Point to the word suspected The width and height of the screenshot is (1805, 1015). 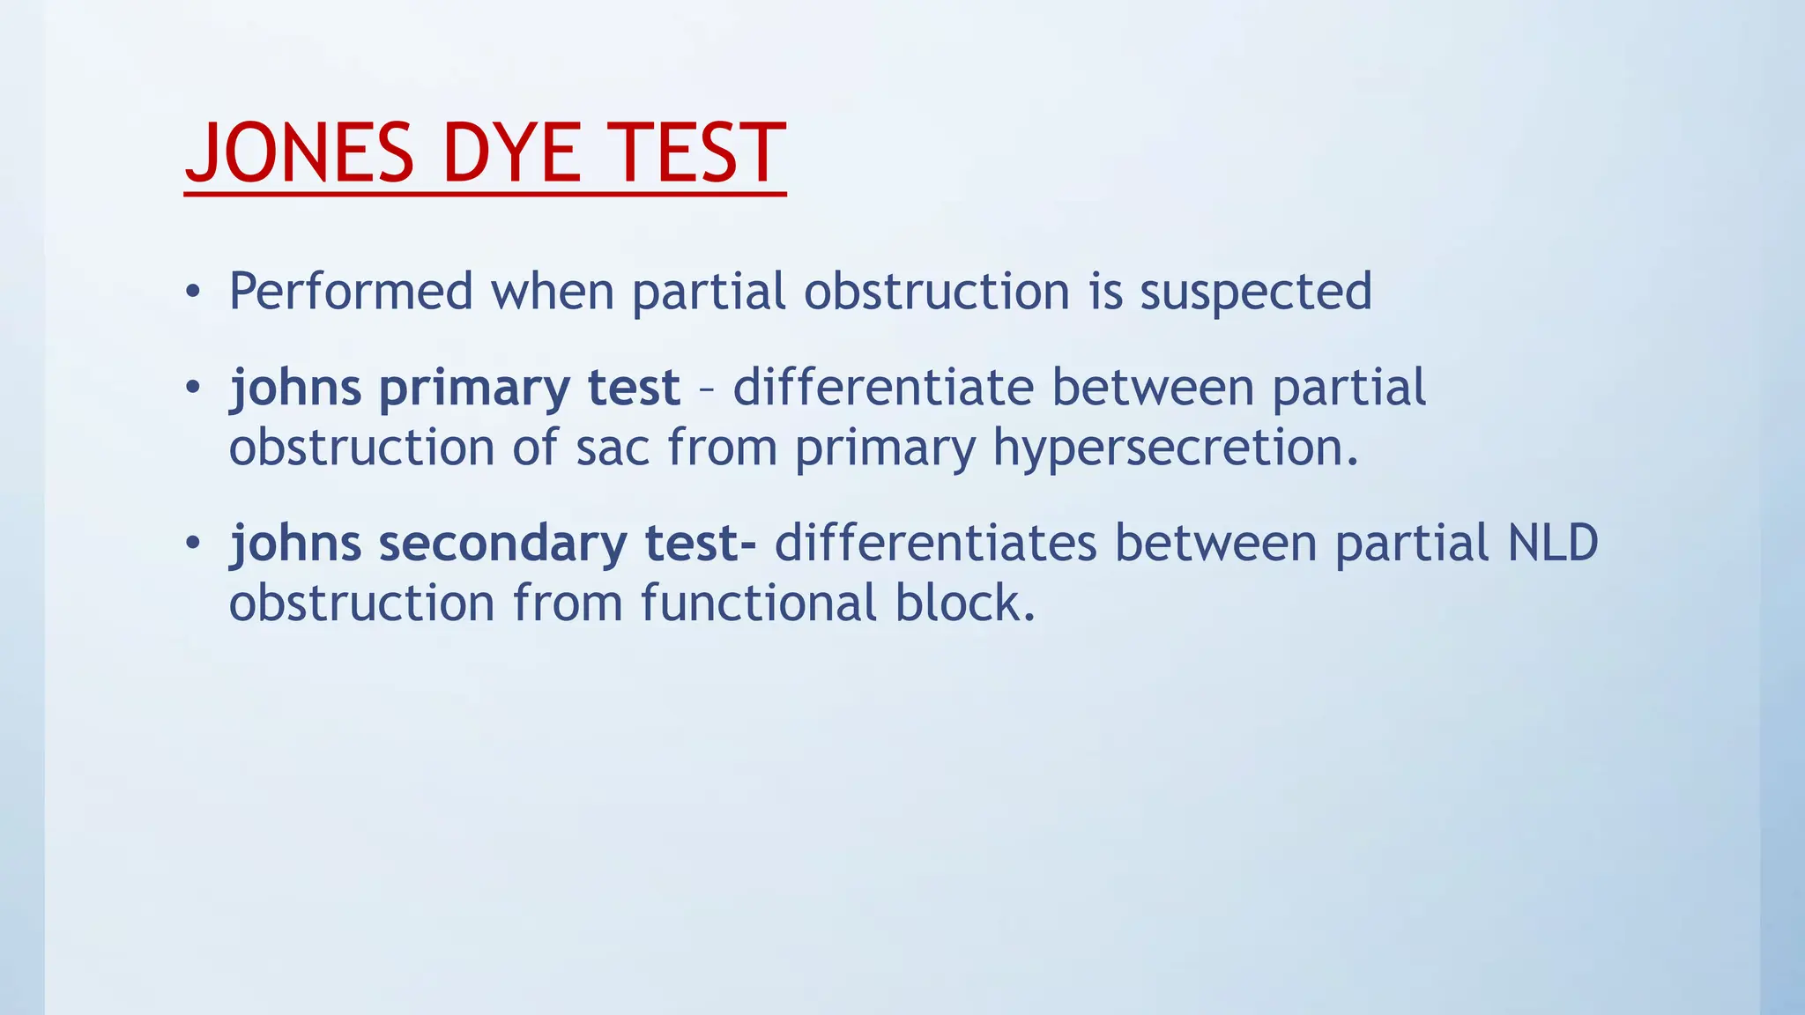[1256, 293]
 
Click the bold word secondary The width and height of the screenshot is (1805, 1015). [502, 544]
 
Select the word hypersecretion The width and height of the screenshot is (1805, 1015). [1176, 448]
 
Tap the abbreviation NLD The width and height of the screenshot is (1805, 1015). [1553, 543]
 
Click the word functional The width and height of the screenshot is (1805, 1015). [759, 604]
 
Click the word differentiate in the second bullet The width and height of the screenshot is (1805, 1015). [883, 388]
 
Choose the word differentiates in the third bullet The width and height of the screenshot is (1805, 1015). [935, 543]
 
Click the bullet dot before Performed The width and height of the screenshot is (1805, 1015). [194, 293]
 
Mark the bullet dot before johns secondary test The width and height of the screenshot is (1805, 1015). [194, 544]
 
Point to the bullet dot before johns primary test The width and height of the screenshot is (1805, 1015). [194, 388]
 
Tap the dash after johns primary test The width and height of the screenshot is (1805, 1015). [706, 389]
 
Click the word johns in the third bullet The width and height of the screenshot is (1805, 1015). [295, 544]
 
